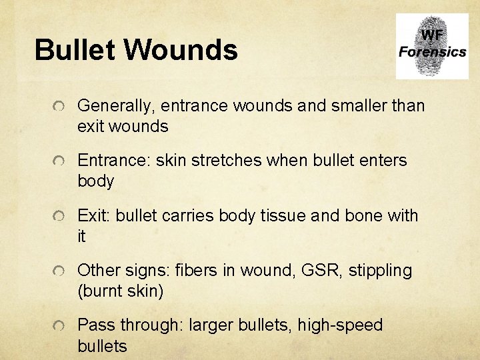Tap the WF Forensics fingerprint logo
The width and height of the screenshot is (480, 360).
[431, 46]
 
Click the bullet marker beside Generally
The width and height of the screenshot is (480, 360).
[60, 106]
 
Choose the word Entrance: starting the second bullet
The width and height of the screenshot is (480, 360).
[114, 161]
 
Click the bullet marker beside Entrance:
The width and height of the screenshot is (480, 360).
[60, 161]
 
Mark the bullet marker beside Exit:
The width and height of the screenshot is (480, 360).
[60, 217]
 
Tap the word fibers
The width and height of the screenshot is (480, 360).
[195, 271]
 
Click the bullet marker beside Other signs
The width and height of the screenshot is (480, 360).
[60, 271]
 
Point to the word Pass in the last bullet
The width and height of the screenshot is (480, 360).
[95, 325]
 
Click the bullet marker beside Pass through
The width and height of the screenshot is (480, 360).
[60, 327]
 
